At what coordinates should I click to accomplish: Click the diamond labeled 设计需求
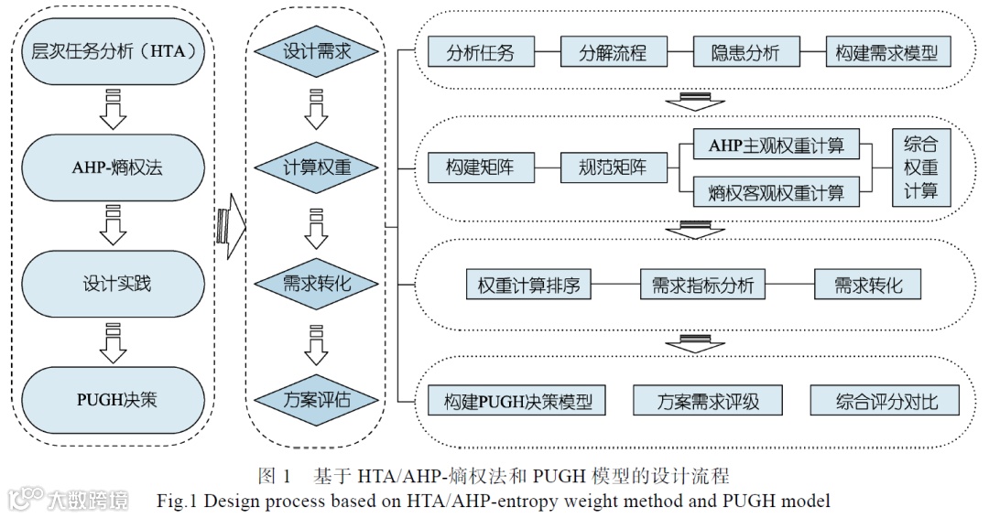click(x=316, y=52)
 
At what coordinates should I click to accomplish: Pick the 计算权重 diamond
click(x=316, y=168)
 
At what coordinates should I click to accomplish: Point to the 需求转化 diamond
click(x=316, y=284)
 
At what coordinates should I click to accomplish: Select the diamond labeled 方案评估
click(x=316, y=400)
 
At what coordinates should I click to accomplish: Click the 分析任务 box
click(x=480, y=52)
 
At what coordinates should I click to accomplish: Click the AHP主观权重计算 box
click(x=775, y=145)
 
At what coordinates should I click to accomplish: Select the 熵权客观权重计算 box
click(x=775, y=192)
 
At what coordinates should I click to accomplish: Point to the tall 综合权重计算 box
click(x=921, y=168)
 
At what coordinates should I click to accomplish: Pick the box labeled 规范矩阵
click(x=613, y=168)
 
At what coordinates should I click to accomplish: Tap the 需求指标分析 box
click(x=702, y=285)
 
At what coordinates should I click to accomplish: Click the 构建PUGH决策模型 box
click(x=517, y=401)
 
